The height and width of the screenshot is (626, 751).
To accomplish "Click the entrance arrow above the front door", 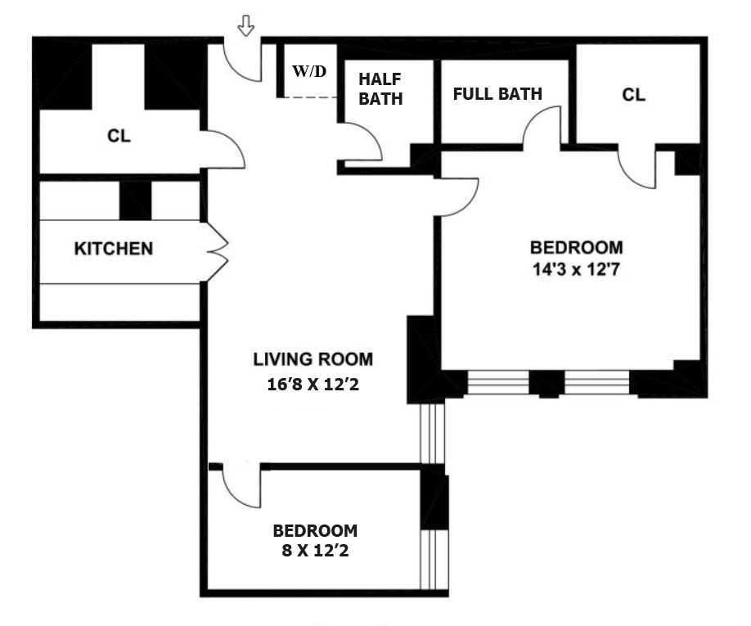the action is click(x=245, y=27).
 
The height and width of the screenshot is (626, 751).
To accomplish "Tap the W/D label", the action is click(x=309, y=71).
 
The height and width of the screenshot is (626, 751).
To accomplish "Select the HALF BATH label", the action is click(x=380, y=89).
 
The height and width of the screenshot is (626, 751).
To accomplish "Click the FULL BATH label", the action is click(x=497, y=93).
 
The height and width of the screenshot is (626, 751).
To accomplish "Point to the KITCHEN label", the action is click(x=114, y=248).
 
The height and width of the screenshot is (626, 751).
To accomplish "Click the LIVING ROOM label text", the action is click(x=313, y=358).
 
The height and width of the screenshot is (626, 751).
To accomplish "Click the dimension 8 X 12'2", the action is click(x=315, y=551).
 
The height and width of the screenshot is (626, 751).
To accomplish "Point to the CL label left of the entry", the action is click(x=119, y=136).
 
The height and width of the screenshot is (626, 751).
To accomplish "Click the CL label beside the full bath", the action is click(x=633, y=95).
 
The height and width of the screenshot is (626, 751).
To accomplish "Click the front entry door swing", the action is click(x=242, y=64).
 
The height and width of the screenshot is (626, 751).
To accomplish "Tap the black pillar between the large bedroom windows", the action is click(x=546, y=383).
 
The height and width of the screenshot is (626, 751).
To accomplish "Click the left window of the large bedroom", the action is click(x=497, y=383).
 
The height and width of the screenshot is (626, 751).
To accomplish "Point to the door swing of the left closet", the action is click(x=224, y=149).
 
